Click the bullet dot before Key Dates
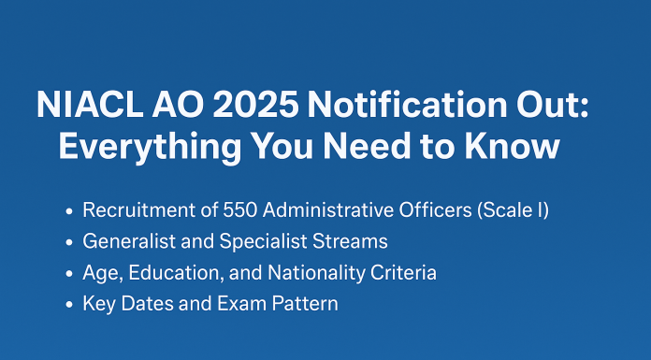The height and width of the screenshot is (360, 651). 70,305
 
